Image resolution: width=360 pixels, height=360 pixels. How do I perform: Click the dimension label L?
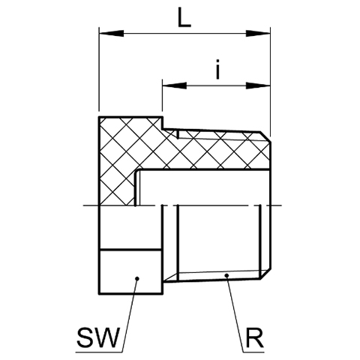(x=184, y=17)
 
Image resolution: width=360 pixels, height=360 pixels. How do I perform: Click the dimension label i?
(x=218, y=69)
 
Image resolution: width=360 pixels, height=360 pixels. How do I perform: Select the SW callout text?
(x=97, y=337)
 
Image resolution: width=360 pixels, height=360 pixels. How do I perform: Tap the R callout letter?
(x=255, y=338)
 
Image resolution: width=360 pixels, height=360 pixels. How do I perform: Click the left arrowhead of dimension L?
(x=111, y=34)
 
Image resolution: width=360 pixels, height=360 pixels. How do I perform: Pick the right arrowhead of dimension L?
(x=258, y=34)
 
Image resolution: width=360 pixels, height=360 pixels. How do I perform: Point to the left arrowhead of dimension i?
(x=175, y=85)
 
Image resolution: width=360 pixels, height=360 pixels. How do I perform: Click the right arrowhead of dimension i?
(x=258, y=85)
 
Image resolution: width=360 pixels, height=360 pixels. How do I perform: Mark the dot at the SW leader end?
(x=136, y=278)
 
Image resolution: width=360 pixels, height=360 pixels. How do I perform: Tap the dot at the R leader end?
(x=226, y=275)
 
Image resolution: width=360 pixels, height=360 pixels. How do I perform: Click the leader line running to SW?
(x=130, y=315)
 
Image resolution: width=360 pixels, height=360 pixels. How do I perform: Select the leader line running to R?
(x=235, y=313)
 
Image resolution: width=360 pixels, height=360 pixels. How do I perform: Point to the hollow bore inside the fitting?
(x=204, y=188)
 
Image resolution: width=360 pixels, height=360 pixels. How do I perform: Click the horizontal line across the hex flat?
(x=130, y=249)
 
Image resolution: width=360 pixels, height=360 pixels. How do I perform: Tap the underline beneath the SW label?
(x=99, y=352)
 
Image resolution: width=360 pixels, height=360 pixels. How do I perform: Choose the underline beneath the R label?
(x=253, y=352)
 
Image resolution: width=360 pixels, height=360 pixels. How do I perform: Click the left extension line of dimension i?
(x=163, y=95)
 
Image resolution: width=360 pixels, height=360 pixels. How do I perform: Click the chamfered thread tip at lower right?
(x=265, y=274)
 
